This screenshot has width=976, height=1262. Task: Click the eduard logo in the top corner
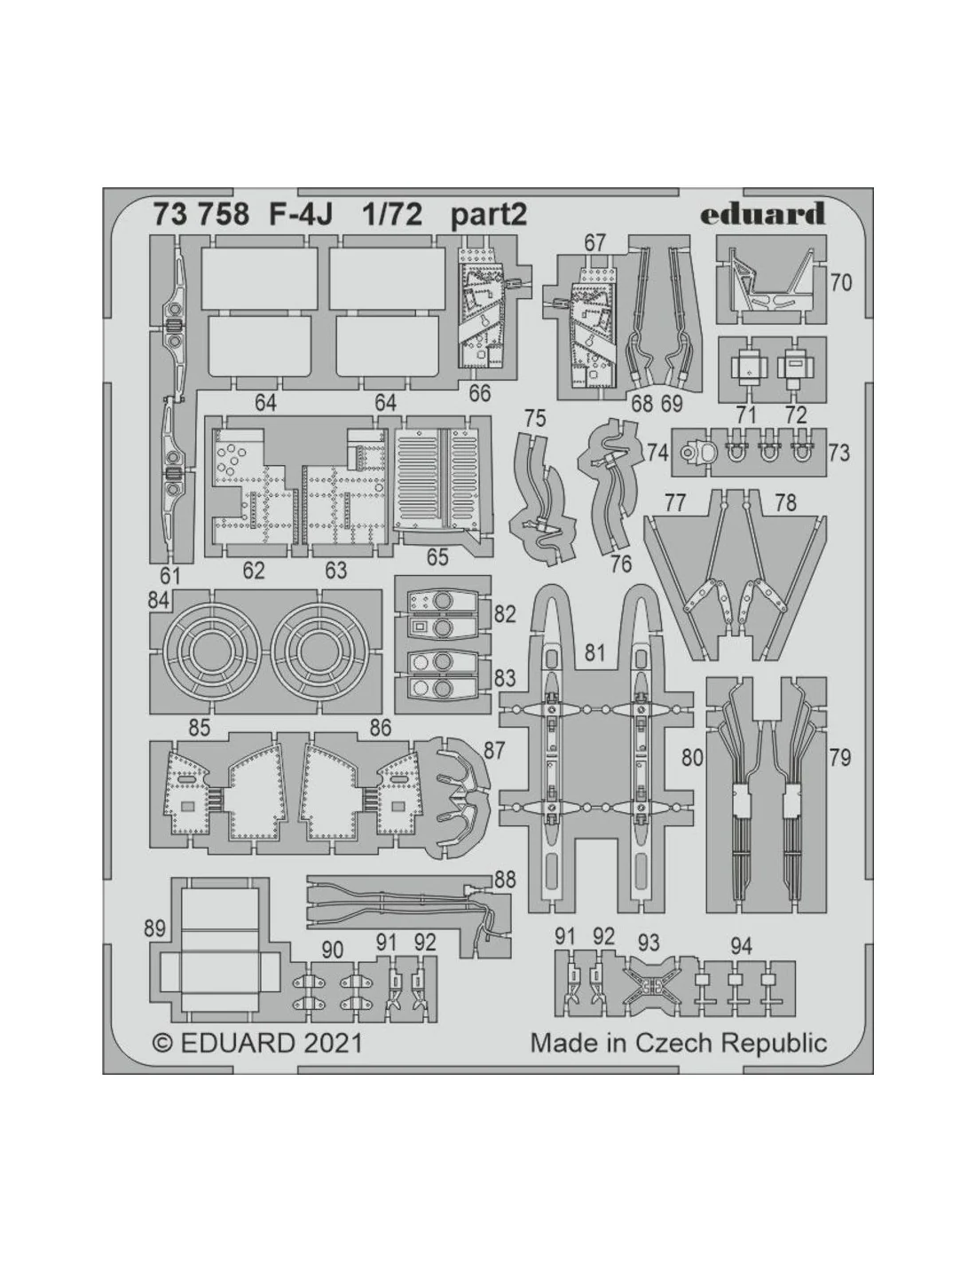pos(762,214)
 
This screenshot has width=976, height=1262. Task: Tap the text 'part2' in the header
pos(489,216)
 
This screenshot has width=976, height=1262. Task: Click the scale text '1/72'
pos(392,215)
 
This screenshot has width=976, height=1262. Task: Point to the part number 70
pos(840,283)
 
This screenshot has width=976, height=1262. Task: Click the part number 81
pos(594,653)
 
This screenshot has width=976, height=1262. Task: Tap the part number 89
pos(155,928)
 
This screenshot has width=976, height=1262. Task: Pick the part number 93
pos(649,942)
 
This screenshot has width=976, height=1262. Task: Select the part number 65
pos(437,557)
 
